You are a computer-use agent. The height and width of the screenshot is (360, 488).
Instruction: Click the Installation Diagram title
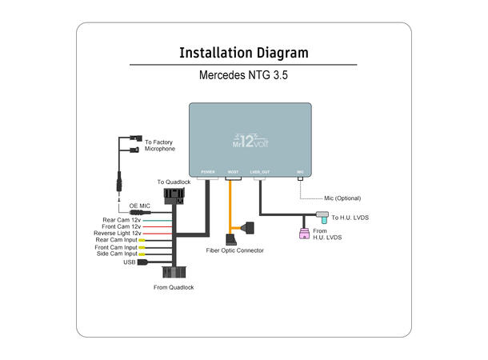(243, 54)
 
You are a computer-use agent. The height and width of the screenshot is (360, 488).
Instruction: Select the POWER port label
(208, 172)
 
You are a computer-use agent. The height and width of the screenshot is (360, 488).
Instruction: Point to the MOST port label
(234, 172)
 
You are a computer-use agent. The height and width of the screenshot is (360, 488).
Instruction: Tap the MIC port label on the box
(300, 172)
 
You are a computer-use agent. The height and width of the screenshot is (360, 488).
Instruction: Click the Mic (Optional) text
(342, 198)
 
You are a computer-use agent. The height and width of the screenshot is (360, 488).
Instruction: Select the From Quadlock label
(174, 287)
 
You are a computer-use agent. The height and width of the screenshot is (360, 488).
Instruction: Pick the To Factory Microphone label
(159, 145)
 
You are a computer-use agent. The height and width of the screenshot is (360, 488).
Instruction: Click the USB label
(130, 262)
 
